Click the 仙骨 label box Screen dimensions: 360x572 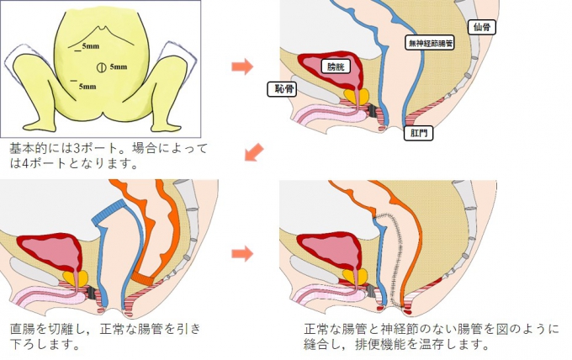[x=483, y=27]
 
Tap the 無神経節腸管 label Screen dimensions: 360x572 [x=429, y=41]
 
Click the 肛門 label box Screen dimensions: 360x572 [x=418, y=133]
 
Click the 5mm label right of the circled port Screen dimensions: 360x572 [x=118, y=66]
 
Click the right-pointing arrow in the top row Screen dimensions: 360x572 [x=242, y=66]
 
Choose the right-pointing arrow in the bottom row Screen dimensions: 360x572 [x=242, y=252]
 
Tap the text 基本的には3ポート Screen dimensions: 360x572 [x=67, y=148]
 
